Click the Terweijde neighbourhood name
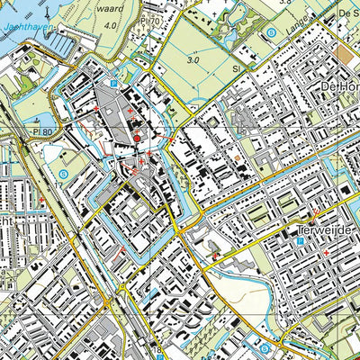pyautogui.click(x=329, y=219)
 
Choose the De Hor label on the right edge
pyautogui.click(x=340, y=85)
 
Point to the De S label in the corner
pyautogui.click(x=347, y=13)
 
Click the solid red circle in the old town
pyautogui.click(x=137, y=137)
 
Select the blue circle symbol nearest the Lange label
pyautogui.click(x=269, y=33)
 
